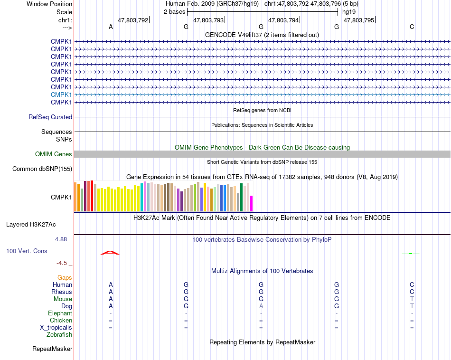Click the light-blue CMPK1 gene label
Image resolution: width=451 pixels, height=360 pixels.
pyautogui.click(x=61, y=95)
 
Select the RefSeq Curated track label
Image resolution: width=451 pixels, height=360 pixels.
pyautogui.click(x=50, y=117)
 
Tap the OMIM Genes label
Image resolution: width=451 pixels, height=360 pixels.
pyautogui.click(x=54, y=154)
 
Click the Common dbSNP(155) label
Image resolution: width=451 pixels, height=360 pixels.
pyautogui.click(x=42, y=169)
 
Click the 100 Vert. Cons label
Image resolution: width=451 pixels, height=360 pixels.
pyautogui.click(x=27, y=250)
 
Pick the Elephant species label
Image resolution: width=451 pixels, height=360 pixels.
pyautogui.click(x=60, y=313)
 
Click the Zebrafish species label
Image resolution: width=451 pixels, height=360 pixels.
pyautogui.click(x=59, y=334)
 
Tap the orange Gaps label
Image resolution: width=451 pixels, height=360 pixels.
pyautogui.click(x=65, y=277)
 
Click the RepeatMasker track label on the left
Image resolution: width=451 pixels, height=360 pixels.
pyautogui.click(x=52, y=349)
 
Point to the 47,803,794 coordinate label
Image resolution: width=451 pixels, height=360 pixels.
pyautogui.click(x=283, y=20)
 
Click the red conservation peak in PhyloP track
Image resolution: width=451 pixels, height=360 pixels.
pyautogui.click(x=110, y=252)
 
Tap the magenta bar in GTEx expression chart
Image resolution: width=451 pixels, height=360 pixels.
pyautogui.click(x=251, y=203)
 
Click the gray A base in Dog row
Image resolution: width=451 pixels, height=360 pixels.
pyautogui.click(x=261, y=306)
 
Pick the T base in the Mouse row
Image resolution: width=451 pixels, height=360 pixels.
pyautogui.click(x=412, y=299)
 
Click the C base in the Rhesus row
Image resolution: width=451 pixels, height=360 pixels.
pyautogui.click(x=412, y=292)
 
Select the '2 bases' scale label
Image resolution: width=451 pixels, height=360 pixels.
pyautogui.click(x=175, y=11)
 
